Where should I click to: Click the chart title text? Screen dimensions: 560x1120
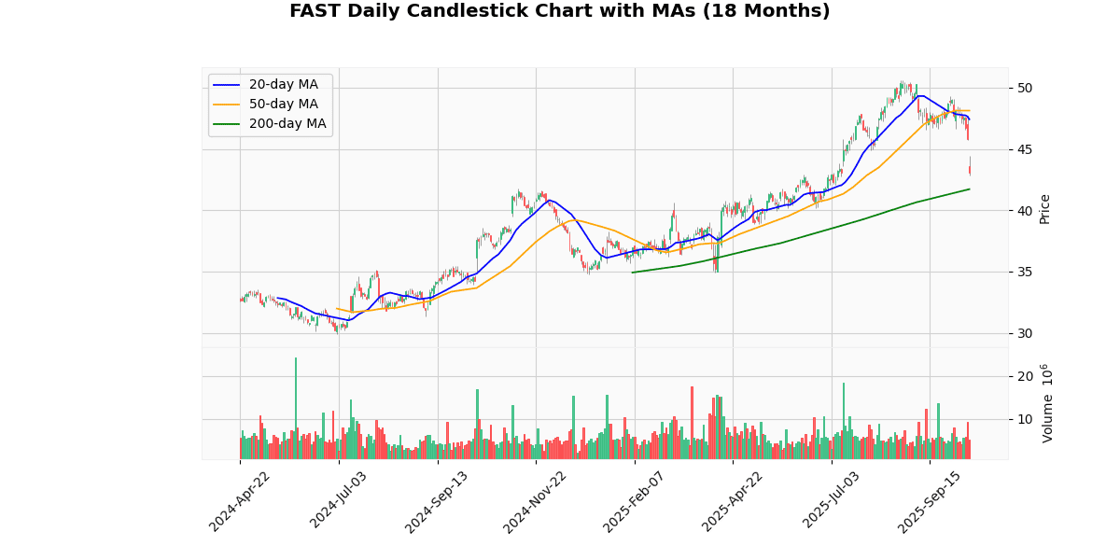pyautogui.click(x=559, y=11)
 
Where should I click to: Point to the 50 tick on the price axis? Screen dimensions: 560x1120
pyautogui.click(x=1025, y=88)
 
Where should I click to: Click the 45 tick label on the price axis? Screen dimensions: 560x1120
pyautogui.click(x=1025, y=149)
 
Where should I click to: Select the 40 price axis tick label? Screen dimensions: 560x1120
pyautogui.click(x=1025, y=211)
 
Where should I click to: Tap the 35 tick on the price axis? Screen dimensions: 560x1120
pyautogui.click(x=1025, y=273)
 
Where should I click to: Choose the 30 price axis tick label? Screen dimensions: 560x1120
pyautogui.click(x=1025, y=333)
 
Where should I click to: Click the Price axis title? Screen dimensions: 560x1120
pyautogui.click(x=1045, y=208)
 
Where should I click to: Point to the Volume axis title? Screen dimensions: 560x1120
pyautogui.click(x=1048, y=403)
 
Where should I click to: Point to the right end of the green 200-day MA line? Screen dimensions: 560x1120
pyautogui.click(x=969, y=189)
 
